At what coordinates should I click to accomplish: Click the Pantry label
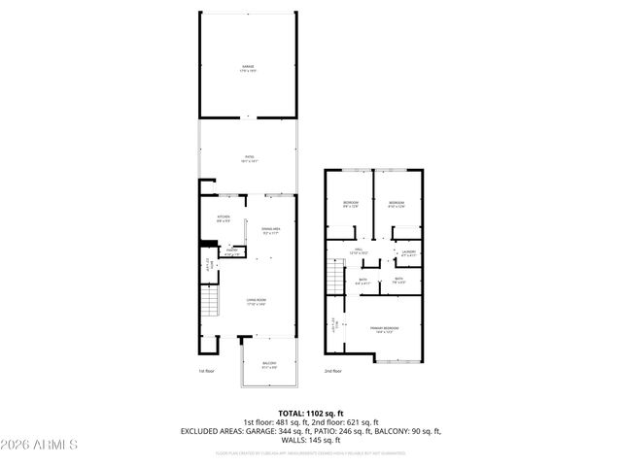click(232, 251)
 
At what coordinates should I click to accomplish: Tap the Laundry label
click(408, 252)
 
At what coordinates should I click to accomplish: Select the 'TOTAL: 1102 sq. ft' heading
click(310, 413)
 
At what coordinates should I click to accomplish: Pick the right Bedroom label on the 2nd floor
click(396, 204)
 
